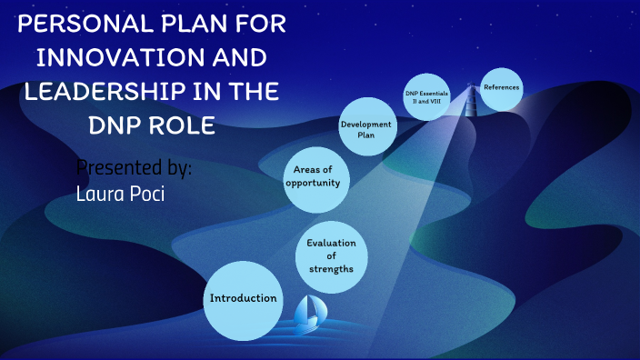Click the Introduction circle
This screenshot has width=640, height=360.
(x=243, y=299)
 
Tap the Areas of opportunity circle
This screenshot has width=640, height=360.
(x=313, y=176)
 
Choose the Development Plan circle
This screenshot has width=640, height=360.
(x=366, y=129)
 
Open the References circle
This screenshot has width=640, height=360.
(x=501, y=88)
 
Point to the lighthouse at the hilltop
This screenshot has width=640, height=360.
(x=471, y=91)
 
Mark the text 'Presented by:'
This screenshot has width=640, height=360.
(x=134, y=169)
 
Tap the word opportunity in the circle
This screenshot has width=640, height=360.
(x=313, y=183)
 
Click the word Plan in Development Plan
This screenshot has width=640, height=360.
(x=366, y=135)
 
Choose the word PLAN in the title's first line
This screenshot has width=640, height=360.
(x=185, y=25)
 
